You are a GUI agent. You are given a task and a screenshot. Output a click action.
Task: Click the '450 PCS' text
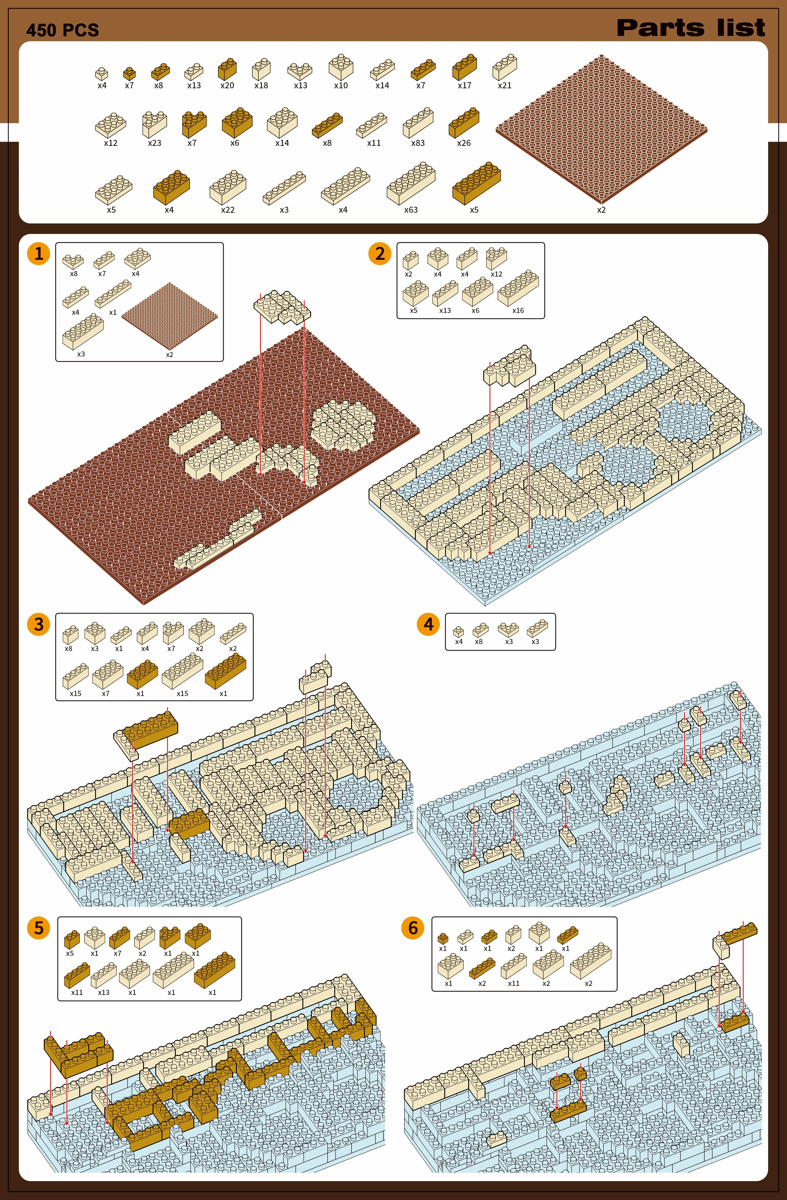(62, 30)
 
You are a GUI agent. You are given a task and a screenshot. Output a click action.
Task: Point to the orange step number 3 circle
(39, 624)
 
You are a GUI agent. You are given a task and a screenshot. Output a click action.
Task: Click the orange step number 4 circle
(428, 624)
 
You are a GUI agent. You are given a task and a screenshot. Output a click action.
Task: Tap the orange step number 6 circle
(413, 928)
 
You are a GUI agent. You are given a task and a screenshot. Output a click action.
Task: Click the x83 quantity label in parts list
(418, 143)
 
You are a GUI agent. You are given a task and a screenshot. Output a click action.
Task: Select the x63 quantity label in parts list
(411, 210)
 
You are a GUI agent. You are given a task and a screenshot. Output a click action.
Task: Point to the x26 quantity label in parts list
(464, 143)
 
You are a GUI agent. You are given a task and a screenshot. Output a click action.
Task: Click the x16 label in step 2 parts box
(518, 311)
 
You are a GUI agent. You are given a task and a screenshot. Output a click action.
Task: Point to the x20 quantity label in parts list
(227, 86)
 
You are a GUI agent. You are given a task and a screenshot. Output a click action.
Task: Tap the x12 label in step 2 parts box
(497, 274)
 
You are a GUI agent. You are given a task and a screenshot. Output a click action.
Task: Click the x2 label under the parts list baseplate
(602, 210)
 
